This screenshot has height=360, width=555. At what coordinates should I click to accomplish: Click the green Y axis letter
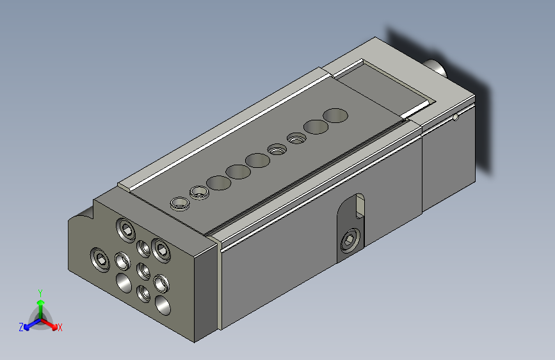[x=40, y=293]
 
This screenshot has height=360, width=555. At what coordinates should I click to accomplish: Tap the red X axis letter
[x=60, y=327]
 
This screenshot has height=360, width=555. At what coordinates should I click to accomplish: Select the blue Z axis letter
[x=21, y=327]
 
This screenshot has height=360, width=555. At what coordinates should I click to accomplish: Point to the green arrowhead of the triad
[x=41, y=302]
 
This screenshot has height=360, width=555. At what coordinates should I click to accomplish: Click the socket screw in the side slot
[x=350, y=241]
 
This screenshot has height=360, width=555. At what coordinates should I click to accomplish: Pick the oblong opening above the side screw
[x=360, y=206]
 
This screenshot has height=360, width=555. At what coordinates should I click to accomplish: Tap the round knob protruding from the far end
[x=437, y=67]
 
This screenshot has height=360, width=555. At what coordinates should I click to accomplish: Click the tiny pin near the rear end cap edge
[x=456, y=117]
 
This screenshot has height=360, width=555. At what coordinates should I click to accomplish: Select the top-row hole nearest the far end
[x=335, y=115]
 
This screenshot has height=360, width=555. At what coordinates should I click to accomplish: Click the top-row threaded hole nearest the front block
[x=180, y=204]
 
